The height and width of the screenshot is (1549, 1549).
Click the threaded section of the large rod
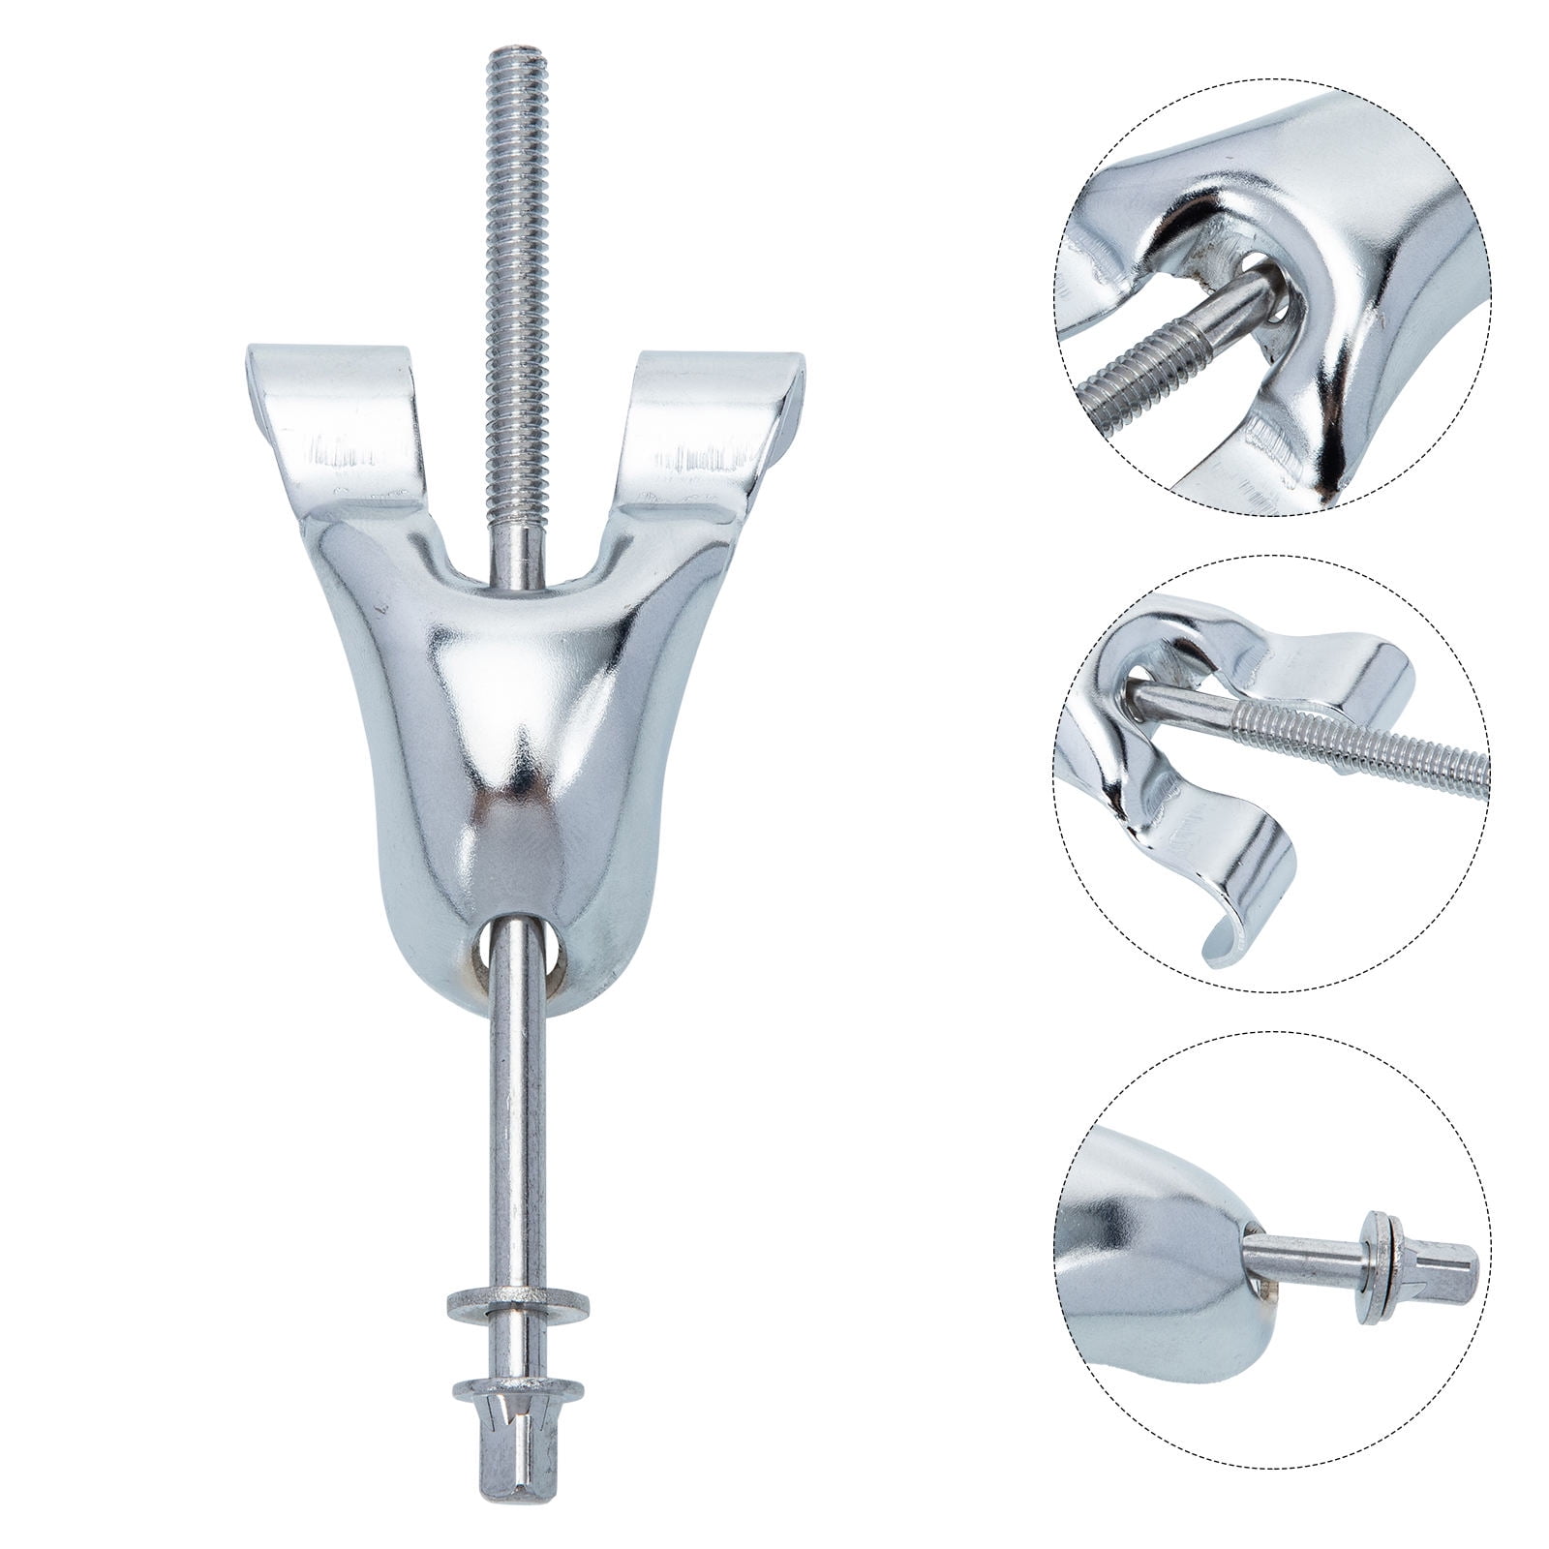(510, 242)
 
